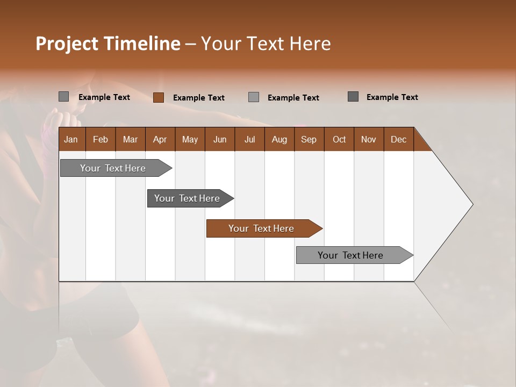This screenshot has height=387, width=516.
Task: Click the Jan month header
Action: pyautogui.click(x=71, y=139)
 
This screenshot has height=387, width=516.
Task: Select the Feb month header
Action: pyautogui.click(x=101, y=139)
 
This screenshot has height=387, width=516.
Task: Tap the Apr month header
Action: pyautogui.click(x=160, y=139)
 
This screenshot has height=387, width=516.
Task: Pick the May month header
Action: pyautogui.click(x=190, y=139)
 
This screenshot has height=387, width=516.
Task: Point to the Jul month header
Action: pyautogui.click(x=249, y=139)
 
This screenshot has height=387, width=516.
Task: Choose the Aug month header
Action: pyautogui.click(x=279, y=139)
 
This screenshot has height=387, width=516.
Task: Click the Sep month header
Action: pyautogui.click(x=309, y=139)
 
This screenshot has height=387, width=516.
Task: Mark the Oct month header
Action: pyautogui.click(x=339, y=139)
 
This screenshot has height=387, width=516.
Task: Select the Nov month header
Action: pyautogui.click(x=368, y=139)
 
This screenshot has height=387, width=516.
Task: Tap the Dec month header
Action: pyautogui.click(x=398, y=139)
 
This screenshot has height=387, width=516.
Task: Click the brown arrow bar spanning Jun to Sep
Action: pyautogui.click(x=262, y=228)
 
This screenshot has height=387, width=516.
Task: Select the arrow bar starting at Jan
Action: pyautogui.click(x=113, y=168)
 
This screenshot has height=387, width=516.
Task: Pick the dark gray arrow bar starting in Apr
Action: pyautogui.click(x=188, y=198)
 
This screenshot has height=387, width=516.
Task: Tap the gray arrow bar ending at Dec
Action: pyautogui.click(x=351, y=255)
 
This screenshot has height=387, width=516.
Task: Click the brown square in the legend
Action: pyautogui.click(x=158, y=97)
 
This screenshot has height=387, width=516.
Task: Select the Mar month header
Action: pyautogui.click(x=130, y=139)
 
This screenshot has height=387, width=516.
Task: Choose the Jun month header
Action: pyautogui.click(x=220, y=139)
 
